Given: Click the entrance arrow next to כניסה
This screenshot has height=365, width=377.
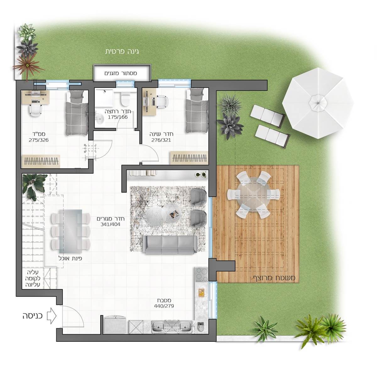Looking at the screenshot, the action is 52,316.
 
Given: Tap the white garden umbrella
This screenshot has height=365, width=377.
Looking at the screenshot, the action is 317,103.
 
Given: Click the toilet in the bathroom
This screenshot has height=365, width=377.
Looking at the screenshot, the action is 124,98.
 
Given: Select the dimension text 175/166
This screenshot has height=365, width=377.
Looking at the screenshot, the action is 118,117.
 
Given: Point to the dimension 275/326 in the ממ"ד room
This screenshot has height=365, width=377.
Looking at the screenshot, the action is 39,140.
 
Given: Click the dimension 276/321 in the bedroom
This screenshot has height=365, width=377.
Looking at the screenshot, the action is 161,140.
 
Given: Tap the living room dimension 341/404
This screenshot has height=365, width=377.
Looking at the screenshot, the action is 110,224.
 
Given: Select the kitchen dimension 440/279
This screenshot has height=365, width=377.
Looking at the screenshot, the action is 164,306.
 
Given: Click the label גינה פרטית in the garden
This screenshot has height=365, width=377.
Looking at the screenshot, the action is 122,52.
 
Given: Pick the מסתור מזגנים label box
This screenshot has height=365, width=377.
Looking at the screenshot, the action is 122,73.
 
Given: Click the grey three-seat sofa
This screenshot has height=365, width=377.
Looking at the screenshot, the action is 170,245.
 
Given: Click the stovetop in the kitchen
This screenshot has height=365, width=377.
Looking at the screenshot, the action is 201,274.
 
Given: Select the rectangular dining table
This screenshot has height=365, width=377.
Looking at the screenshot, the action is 70,231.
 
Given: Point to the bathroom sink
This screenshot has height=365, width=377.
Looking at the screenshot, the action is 100,118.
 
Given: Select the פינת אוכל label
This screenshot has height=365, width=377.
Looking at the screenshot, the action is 70,259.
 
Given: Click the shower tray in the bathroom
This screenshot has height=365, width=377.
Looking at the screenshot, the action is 104,98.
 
